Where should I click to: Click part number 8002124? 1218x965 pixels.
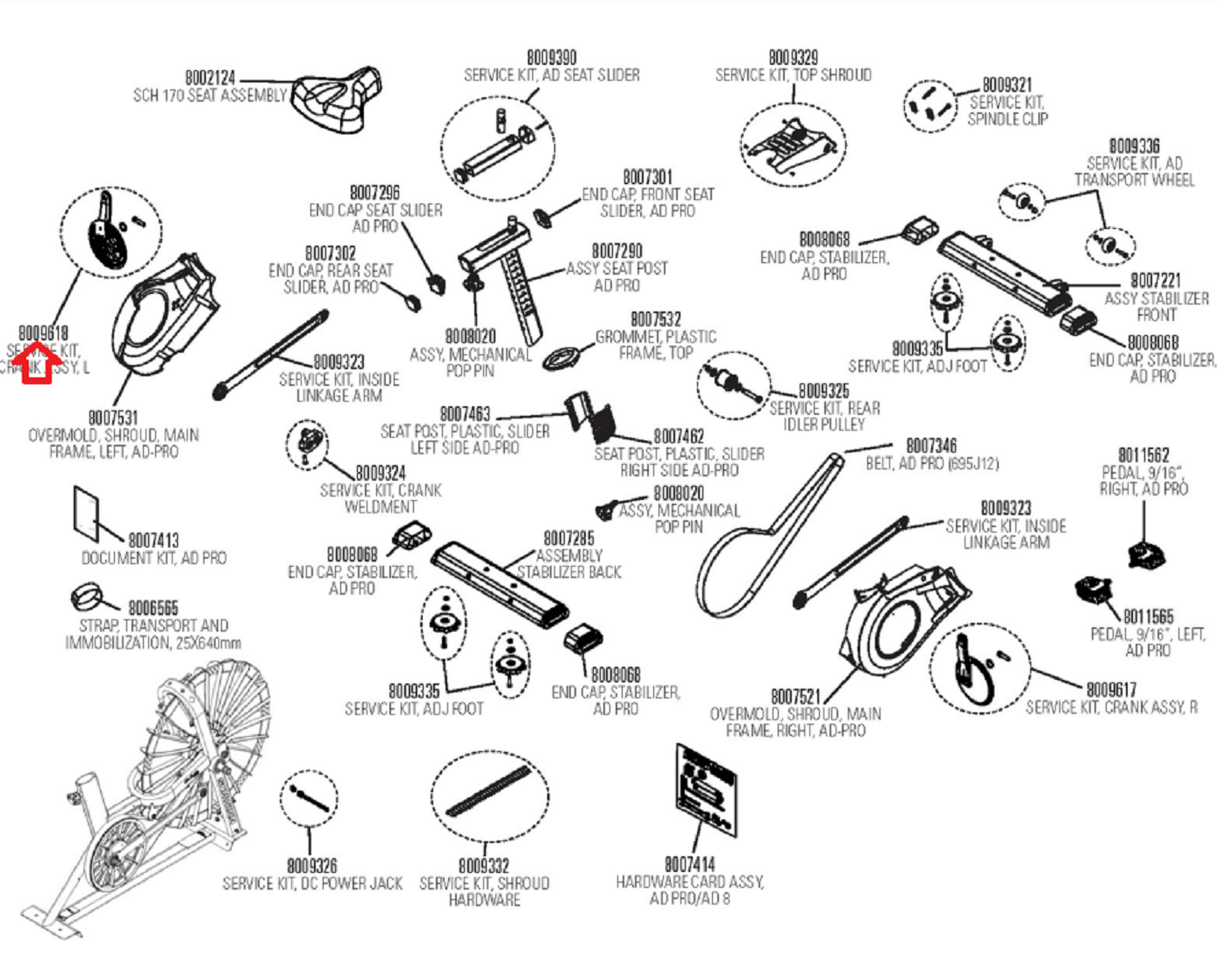click(210, 78)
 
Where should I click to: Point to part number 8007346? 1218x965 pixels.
click(931, 446)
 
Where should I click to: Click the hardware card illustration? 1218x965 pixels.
click(706, 790)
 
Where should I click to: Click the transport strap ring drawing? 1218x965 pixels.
click(88, 598)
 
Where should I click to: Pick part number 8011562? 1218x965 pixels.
click(1143, 455)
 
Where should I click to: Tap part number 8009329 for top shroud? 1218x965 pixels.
click(793, 58)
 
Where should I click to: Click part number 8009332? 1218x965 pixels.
click(484, 867)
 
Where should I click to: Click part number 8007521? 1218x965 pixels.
click(795, 697)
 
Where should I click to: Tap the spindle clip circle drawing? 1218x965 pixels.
click(930, 105)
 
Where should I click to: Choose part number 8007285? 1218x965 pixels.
click(568, 538)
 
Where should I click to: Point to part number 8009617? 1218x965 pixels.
click(1111, 690)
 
